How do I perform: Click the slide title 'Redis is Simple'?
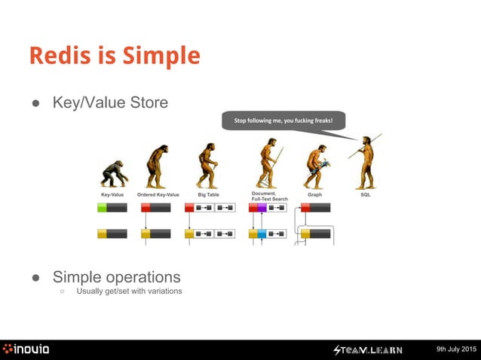point(115,56)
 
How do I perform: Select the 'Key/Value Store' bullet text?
point(110,102)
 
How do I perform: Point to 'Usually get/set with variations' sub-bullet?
point(129,291)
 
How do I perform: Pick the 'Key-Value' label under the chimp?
point(112,194)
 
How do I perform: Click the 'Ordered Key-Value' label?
point(158,194)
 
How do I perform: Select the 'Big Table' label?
point(208,194)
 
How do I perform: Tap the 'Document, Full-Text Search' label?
point(269,196)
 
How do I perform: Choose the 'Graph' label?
point(314,194)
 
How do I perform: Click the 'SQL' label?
point(366,194)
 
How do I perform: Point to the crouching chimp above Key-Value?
point(114,172)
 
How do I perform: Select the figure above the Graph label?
point(314,164)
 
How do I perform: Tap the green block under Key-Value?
point(102,208)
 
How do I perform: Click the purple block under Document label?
point(262,208)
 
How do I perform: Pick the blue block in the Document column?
point(262,234)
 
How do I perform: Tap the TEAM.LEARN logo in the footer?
point(369,349)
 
